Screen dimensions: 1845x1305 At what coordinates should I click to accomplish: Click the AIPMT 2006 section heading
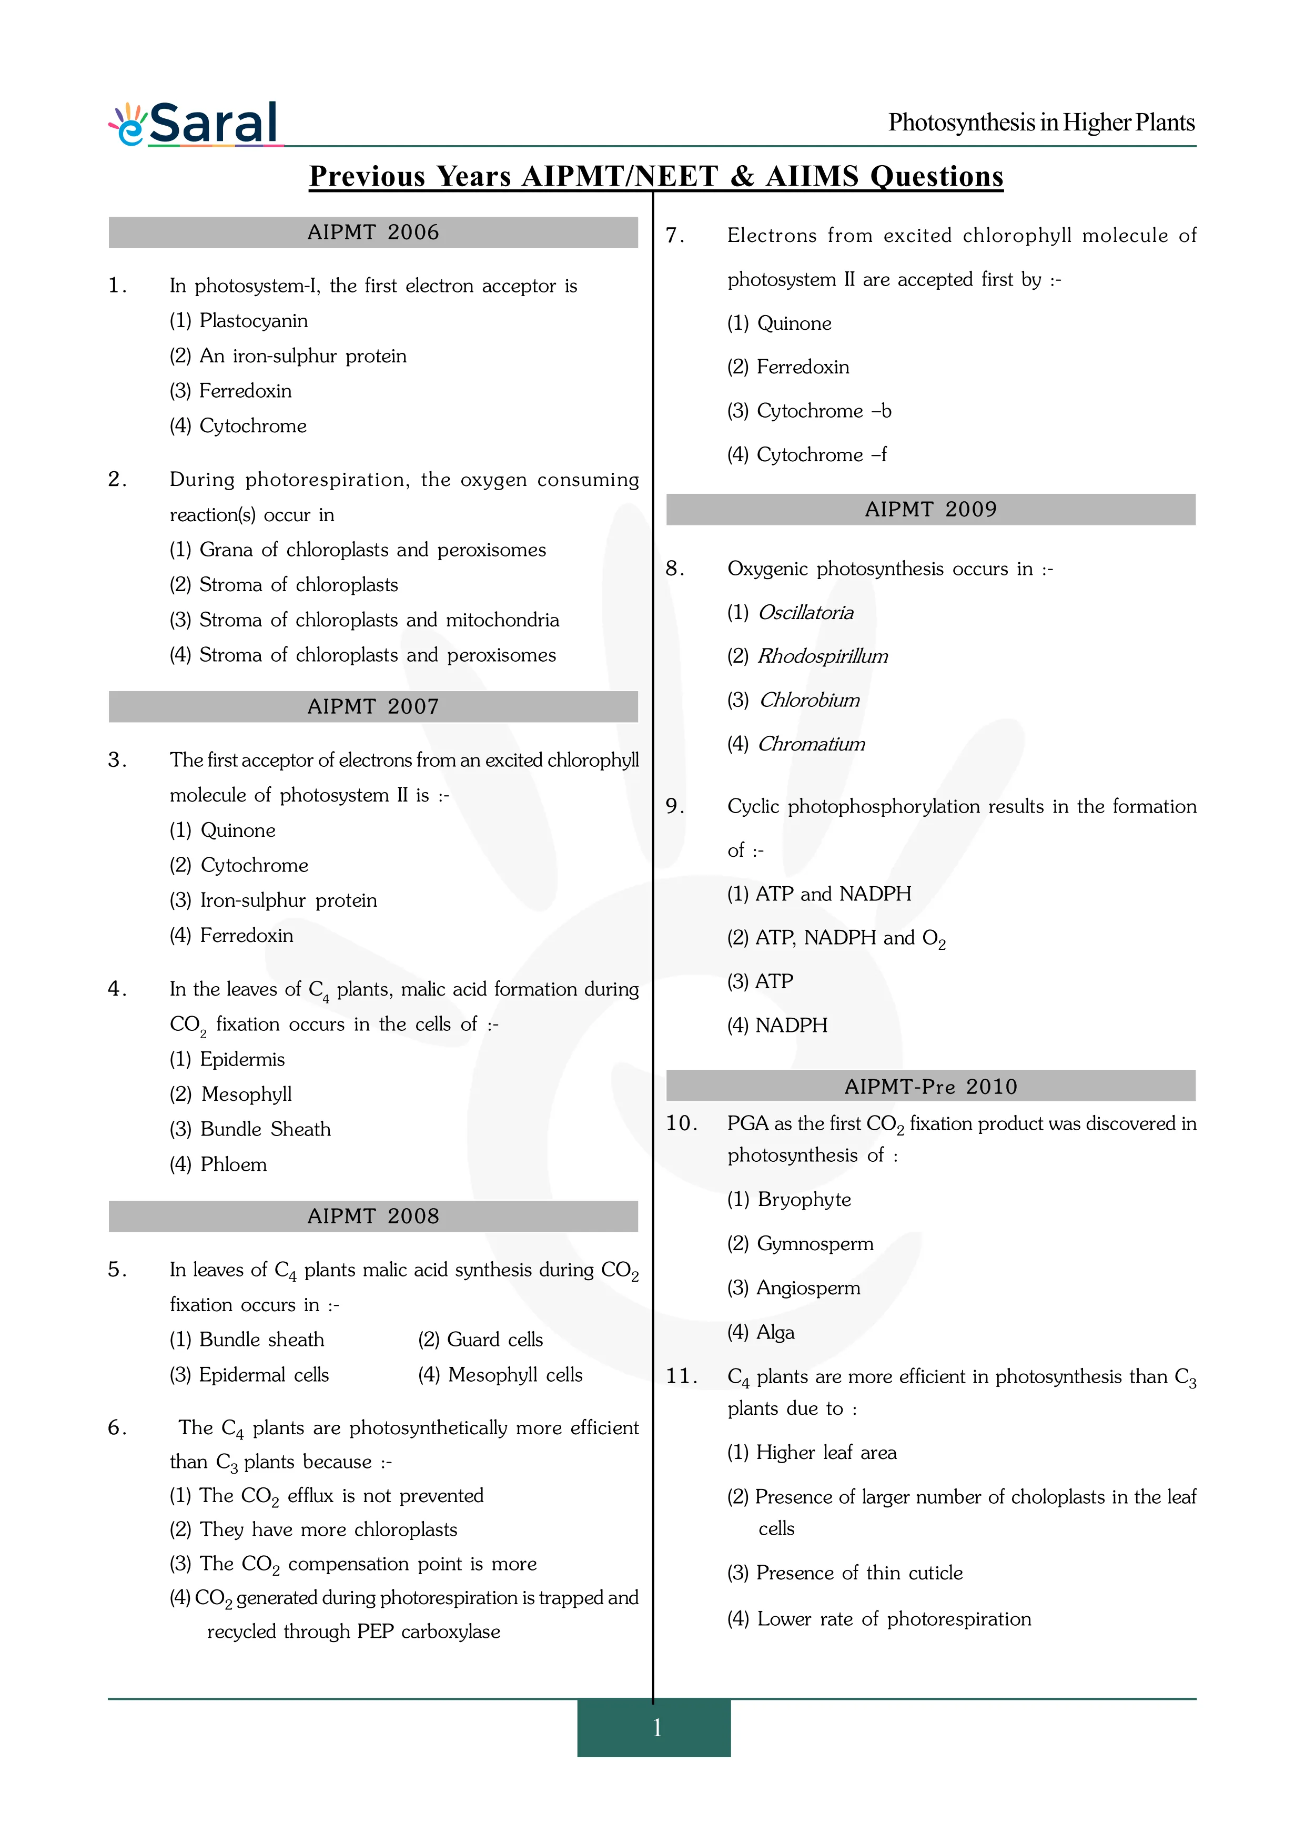(373, 232)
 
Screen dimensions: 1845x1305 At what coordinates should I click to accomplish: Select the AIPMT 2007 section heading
(373, 706)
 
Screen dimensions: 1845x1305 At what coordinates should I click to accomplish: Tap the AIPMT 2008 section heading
(373, 1216)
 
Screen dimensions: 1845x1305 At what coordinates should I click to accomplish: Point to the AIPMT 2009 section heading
(930, 510)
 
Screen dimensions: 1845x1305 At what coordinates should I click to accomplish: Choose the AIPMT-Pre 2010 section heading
(930, 1087)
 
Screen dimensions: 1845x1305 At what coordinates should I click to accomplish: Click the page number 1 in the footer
(656, 1726)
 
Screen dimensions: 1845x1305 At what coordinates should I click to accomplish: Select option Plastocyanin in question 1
(239, 321)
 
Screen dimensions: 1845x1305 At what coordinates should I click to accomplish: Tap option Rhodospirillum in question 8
(807, 656)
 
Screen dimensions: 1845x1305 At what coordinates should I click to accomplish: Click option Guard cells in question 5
(481, 1340)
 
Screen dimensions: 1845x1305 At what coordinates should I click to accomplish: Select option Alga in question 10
(761, 1332)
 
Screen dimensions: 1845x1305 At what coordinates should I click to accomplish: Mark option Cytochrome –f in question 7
(807, 455)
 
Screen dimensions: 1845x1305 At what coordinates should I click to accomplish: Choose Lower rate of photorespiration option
(879, 1618)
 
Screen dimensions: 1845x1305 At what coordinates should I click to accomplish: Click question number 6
(117, 1428)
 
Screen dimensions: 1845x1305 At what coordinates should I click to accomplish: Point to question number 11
(681, 1376)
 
